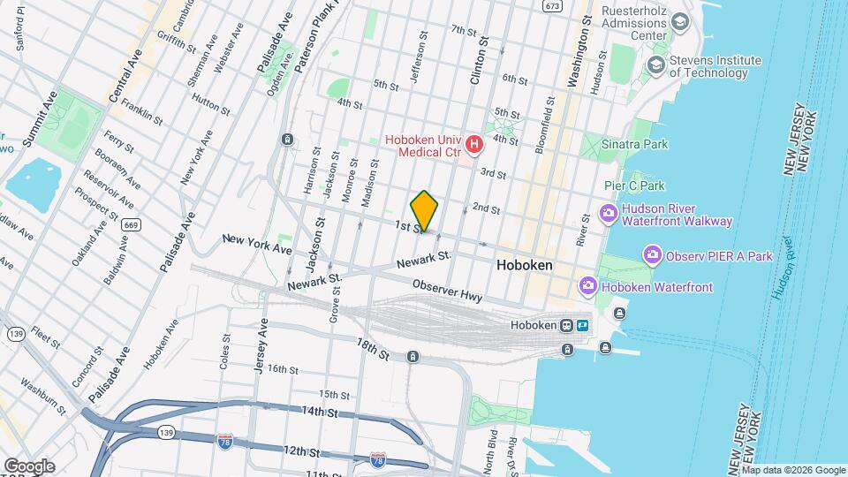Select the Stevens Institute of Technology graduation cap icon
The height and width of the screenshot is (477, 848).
coord(655,64)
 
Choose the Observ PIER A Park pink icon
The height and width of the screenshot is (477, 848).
coord(654,256)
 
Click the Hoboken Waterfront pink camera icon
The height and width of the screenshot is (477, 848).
coord(587,286)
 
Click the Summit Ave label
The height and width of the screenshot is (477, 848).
coord(41,118)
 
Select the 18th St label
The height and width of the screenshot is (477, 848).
coord(373,347)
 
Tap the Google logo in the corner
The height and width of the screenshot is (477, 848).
coord(28,466)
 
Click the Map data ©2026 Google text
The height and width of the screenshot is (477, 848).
coord(793,470)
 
